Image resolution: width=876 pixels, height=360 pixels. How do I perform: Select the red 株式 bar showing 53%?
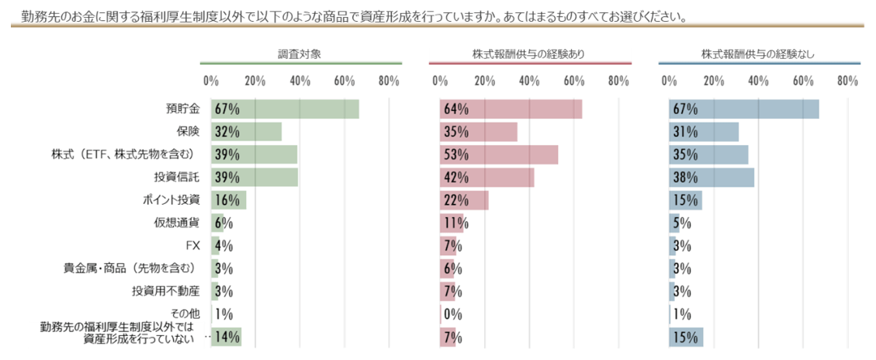pyautogui.click(x=498, y=155)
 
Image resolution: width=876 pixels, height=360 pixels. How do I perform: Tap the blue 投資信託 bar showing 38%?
pyautogui.click(x=712, y=178)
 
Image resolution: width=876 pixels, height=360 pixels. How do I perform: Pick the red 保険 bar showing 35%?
pyautogui.click(x=478, y=132)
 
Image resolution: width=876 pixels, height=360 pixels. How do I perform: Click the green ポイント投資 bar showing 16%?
pyautogui.click(x=228, y=200)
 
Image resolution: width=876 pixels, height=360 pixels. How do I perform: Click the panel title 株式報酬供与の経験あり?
pyautogui.click(x=529, y=54)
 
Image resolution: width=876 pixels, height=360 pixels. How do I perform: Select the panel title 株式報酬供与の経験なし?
pyautogui.click(x=758, y=54)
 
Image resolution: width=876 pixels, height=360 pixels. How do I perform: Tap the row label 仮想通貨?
pyautogui.click(x=177, y=223)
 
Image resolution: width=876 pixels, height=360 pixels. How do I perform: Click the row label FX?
pyautogui.click(x=193, y=246)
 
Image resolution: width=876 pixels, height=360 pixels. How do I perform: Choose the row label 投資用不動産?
pyautogui.click(x=166, y=292)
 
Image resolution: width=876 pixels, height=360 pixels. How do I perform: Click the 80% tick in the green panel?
pyautogui.click(x=389, y=81)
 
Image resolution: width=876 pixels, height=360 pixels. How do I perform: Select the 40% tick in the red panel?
pyautogui.click(x=529, y=81)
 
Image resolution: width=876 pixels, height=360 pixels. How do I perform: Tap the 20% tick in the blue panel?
pyautogui.click(x=714, y=81)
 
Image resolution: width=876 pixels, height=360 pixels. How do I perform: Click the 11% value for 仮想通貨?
pyautogui.click(x=454, y=223)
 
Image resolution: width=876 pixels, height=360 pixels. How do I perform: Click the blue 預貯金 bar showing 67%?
pyautogui.click(x=744, y=109)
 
